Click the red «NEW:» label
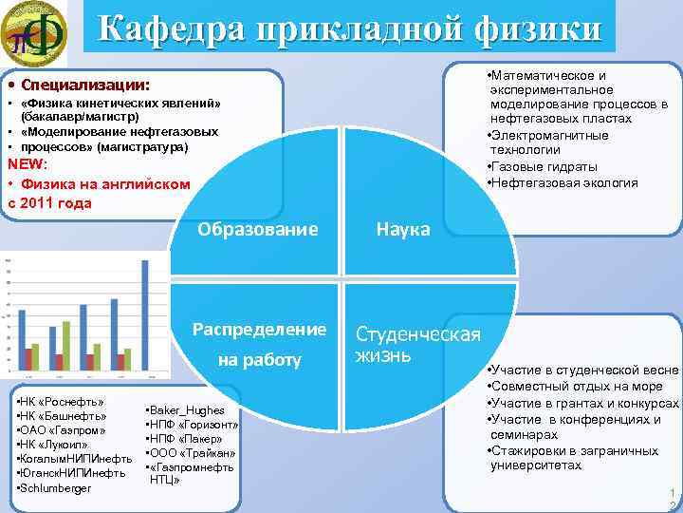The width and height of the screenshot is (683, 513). click(x=28, y=163)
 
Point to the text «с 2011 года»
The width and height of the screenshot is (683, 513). click(x=50, y=201)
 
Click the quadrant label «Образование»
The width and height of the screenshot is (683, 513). click(x=258, y=229)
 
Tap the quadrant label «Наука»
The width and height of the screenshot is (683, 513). click(x=403, y=230)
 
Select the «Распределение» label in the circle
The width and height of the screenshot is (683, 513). click(x=259, y=330)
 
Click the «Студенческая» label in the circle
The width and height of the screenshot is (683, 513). click(x=418, y=334)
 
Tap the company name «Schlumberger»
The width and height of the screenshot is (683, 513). click(x=57, y=487)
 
